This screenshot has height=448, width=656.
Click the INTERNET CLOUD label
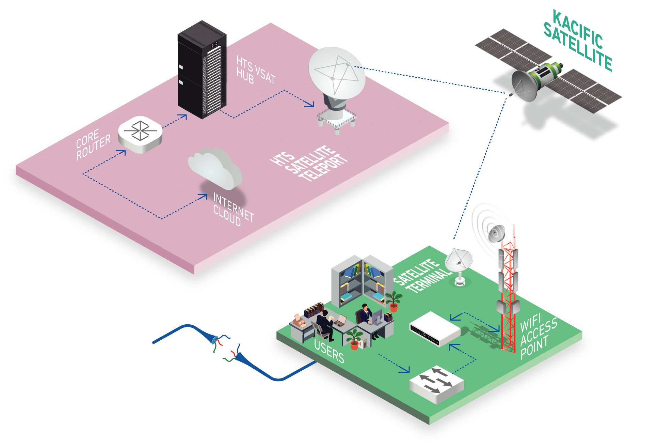pyautogui.click(x=233, y=210)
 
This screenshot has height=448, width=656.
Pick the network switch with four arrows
pyautogui.click(x=436, y=384)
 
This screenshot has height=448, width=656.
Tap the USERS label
pyautogui.click(x=329, y=351)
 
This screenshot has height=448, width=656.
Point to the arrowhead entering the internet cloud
pyautogui.click(x=204, y=196)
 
